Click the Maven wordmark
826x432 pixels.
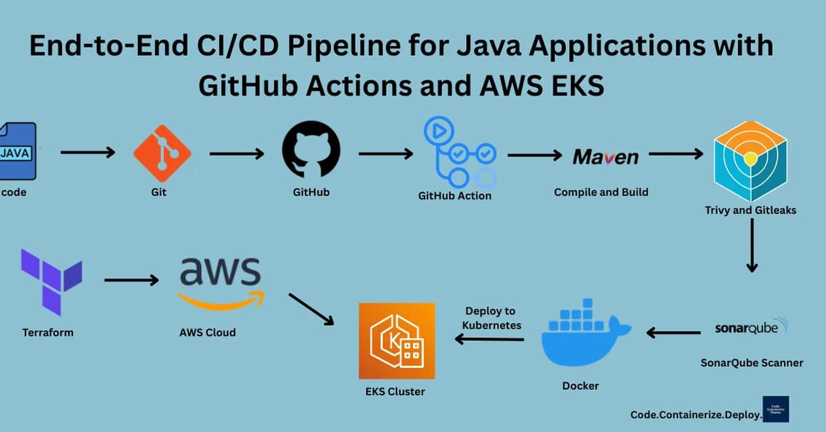click(605, 157)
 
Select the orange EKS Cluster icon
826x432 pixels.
click(396, 341)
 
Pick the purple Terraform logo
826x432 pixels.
click(51, 281)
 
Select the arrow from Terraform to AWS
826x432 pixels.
click(131, 280)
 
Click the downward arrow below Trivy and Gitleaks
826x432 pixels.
click(752, 247)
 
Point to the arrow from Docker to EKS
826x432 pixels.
click(489, 338)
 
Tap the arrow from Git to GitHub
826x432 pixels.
click(236, 153)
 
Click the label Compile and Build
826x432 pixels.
click(601, 192)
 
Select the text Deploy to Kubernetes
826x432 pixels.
click(490, 318)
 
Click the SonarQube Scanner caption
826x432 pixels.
click(752, 363)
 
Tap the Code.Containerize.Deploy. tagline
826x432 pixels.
click(696, 415)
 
